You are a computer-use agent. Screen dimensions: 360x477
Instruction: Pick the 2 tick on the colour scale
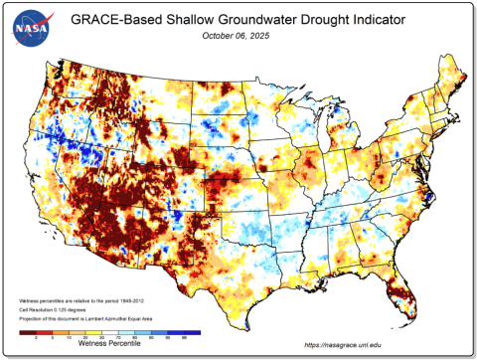tap(36, 338)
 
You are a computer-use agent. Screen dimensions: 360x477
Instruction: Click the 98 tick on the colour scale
tap(185, 338)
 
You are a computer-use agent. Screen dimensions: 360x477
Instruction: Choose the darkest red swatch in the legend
tap(27, 332)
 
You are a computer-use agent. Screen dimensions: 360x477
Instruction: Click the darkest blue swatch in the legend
tap(192, 332)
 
